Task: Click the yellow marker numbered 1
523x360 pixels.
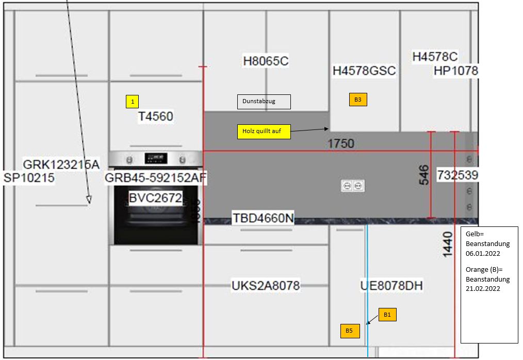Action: tap(133, 102)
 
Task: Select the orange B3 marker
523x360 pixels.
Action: tap(357, 100)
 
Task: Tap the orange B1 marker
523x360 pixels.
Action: tap(388, 314)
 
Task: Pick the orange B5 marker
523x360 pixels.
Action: tap(349, 331)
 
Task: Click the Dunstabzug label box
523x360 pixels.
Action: tap(264, 102)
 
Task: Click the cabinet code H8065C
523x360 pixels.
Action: tap(266, 61)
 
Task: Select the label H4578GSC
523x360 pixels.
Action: tap(364, 71)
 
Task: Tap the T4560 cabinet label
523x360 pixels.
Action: tap(155, 117)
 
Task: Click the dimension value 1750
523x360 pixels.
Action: tap(341, 143)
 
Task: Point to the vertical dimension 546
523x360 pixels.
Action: tap(423, 175)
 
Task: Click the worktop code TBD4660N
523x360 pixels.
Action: tap(263, 218)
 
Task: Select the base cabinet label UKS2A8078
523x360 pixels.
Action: tap(266, 285)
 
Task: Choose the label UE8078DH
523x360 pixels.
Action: tap(392, 285)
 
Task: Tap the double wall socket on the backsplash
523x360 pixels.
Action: tap(353, 186)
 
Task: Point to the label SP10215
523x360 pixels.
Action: tap(29, 178)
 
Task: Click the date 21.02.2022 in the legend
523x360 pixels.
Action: tap(483, 288)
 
